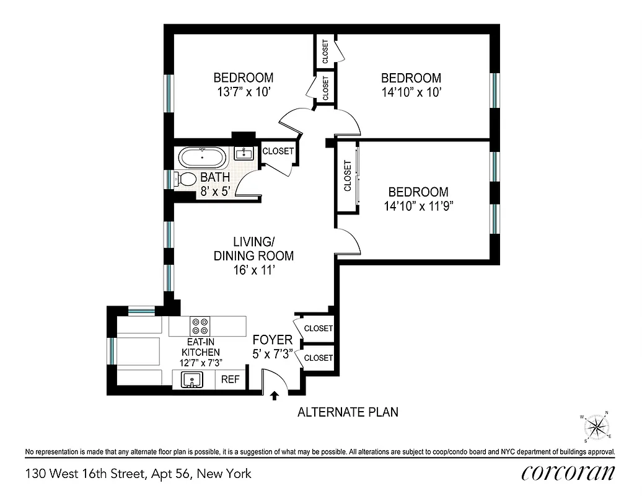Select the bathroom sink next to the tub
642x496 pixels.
pos(245,153)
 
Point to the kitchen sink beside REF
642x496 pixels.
pos(193,379)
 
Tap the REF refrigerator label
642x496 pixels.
pos(230,379)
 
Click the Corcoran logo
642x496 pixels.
pos(568,473)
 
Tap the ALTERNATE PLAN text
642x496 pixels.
pos(348,412)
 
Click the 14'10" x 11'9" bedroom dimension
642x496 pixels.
pos(415,206)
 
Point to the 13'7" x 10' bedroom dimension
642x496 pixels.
pos(244,92)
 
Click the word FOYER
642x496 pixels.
pos(272,340)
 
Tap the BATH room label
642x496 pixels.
pos(215,178)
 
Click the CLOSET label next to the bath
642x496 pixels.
pos(278,151)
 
